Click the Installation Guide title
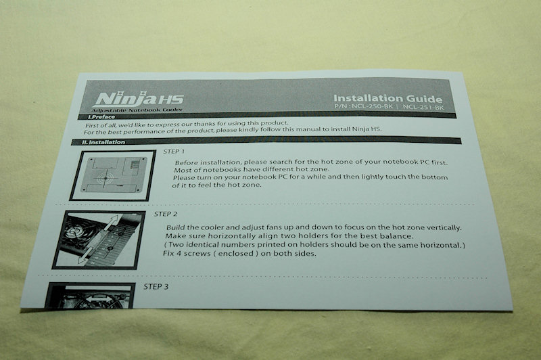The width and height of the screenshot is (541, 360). [387, 99]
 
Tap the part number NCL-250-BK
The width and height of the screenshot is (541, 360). [372, 106]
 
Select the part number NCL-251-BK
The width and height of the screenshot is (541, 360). [423, 107]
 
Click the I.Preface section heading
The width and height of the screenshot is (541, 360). [101, 116]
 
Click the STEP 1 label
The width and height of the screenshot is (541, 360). [174, 151]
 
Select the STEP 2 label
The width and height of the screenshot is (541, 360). [166, 214]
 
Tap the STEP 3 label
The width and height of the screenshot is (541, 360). [156, 286]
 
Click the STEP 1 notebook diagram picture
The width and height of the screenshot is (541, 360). [113, 175]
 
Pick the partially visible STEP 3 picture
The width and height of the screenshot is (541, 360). [91, 296]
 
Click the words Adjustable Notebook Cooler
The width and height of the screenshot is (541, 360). [137, 110]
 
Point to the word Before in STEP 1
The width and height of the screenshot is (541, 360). [187, 162]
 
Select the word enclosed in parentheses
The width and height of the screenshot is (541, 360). [235, 253]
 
